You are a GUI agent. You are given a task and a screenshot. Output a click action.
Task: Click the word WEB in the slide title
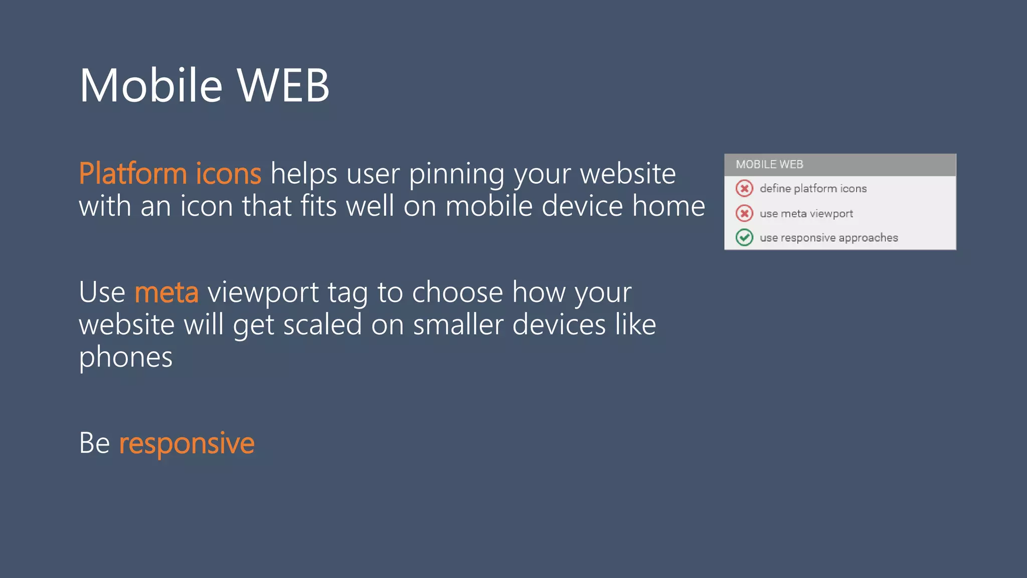[x=283, y=86]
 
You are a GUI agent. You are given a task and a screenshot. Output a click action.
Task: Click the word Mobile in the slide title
[x=150, y=86]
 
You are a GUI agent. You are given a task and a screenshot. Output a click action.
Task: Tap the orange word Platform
[x=133, y=174]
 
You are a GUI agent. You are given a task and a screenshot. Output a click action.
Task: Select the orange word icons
[x=228, y=174]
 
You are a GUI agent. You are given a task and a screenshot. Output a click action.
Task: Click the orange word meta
[x=166, y=293]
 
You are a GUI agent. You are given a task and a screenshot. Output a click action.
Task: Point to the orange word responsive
[x=187, y=444]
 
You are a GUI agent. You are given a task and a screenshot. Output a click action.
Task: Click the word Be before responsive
[x=94, y=444]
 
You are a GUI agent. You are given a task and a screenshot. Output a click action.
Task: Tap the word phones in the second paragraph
[x=125, y=358]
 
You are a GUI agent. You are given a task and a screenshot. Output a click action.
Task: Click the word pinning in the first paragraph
[x=456, y=175]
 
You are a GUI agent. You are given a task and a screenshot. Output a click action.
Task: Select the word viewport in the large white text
[x=263, y=293]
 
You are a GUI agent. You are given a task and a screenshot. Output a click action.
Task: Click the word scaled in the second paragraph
[x=322, y=325]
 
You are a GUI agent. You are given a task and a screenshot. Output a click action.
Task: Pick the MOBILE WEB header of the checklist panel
[x=769, y=165]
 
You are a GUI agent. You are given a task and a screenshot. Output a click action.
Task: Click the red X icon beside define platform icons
[x=744, y=189]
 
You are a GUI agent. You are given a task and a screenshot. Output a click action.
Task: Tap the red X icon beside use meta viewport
[x=744, y=213]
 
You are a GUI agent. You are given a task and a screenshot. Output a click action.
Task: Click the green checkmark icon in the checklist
[x=744, y=237]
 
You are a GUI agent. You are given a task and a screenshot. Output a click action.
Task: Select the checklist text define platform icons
[x=813, y=189]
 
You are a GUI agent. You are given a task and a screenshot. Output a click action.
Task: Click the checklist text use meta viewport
[x=806, y=214]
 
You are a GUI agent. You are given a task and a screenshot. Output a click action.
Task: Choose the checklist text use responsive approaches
[x=828, y=238]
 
